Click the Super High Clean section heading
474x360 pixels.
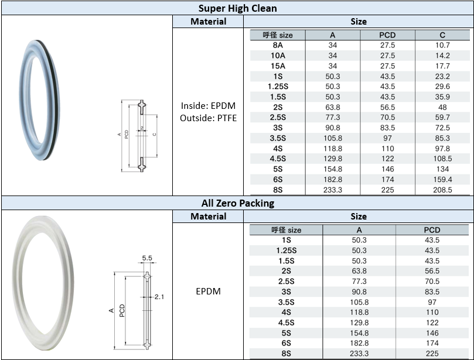238,8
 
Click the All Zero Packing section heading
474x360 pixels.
238,203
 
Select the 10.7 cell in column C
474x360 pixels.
442,45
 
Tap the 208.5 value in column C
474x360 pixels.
442,190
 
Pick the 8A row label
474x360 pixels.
278,45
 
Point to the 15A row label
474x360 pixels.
278,66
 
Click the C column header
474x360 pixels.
442,35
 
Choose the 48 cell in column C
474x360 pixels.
442,107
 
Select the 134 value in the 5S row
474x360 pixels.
442,169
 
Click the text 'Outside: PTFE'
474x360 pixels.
208,118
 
